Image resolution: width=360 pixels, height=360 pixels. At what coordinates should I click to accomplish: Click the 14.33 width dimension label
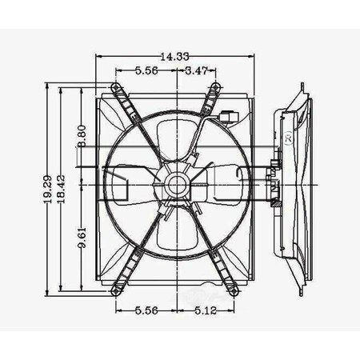(174, 57)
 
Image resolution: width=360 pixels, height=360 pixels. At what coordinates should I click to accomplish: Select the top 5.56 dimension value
(146, 70)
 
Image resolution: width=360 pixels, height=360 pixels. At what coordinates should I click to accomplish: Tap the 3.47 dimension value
(197, 70)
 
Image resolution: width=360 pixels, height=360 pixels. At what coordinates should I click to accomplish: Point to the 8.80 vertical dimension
(82, 136)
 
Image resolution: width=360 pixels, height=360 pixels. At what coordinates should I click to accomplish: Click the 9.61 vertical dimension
(82, 238)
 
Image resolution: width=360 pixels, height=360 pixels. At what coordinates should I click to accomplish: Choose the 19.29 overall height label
(47, 190)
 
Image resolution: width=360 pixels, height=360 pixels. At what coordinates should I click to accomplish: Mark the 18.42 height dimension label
(61, 190)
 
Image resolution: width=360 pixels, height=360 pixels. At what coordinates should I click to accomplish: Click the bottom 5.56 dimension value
(146, 310)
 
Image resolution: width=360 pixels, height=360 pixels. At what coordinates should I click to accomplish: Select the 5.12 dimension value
(206, 310)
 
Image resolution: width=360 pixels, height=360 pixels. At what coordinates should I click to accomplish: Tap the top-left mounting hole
(115, 86)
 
